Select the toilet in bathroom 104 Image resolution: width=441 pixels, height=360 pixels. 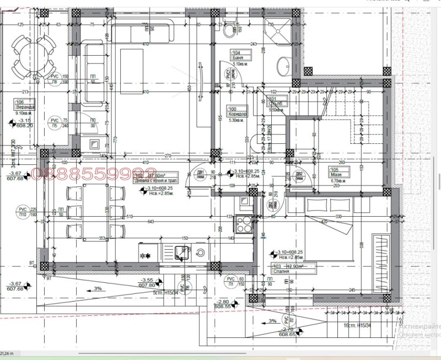point(229,29)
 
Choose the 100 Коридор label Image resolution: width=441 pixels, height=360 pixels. point(236,112)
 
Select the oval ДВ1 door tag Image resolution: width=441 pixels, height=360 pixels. point(200,174)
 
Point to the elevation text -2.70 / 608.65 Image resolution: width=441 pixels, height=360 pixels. point(287,331)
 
